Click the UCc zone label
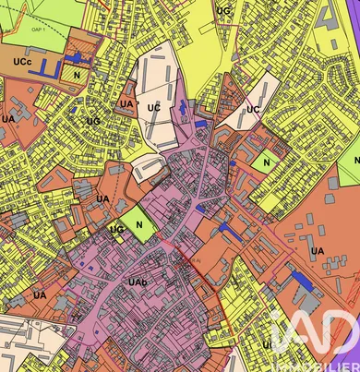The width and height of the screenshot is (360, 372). point(22,60)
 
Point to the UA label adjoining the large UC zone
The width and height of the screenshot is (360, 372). point(126,104)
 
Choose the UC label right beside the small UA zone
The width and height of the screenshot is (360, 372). point(153,108)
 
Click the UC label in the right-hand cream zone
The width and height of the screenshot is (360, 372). point(253,110)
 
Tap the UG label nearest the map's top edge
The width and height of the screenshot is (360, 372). point(222,11)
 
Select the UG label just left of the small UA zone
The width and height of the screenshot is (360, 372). point(92,121)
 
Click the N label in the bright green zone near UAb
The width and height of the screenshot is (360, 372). point(140,223)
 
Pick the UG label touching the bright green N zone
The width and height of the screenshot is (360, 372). point(116,229)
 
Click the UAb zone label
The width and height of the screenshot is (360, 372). point(138,281)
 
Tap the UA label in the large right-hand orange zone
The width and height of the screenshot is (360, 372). point(317,250)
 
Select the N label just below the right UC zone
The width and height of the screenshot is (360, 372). point(266,162)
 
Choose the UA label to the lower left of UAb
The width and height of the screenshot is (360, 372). point(39,295)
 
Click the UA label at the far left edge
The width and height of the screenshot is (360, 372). point(7,119)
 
